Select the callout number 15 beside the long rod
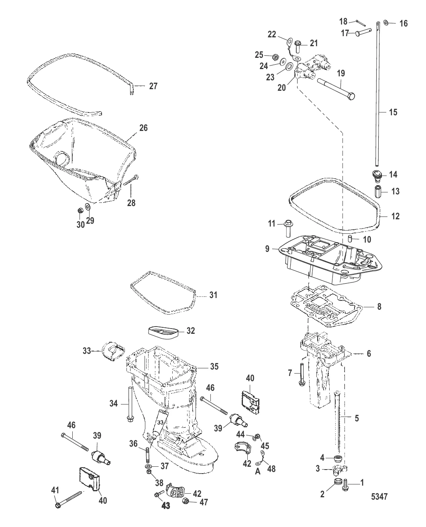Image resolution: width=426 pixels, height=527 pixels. tap(393, 112)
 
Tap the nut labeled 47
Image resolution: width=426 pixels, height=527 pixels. tap(186, 502)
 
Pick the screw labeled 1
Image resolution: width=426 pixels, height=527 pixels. tap(344, 485)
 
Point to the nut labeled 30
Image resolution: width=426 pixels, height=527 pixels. tap(80, 210)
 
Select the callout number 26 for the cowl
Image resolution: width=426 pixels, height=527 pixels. tap(143, 128)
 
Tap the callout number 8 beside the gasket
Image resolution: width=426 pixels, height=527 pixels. tap(379, 306)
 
